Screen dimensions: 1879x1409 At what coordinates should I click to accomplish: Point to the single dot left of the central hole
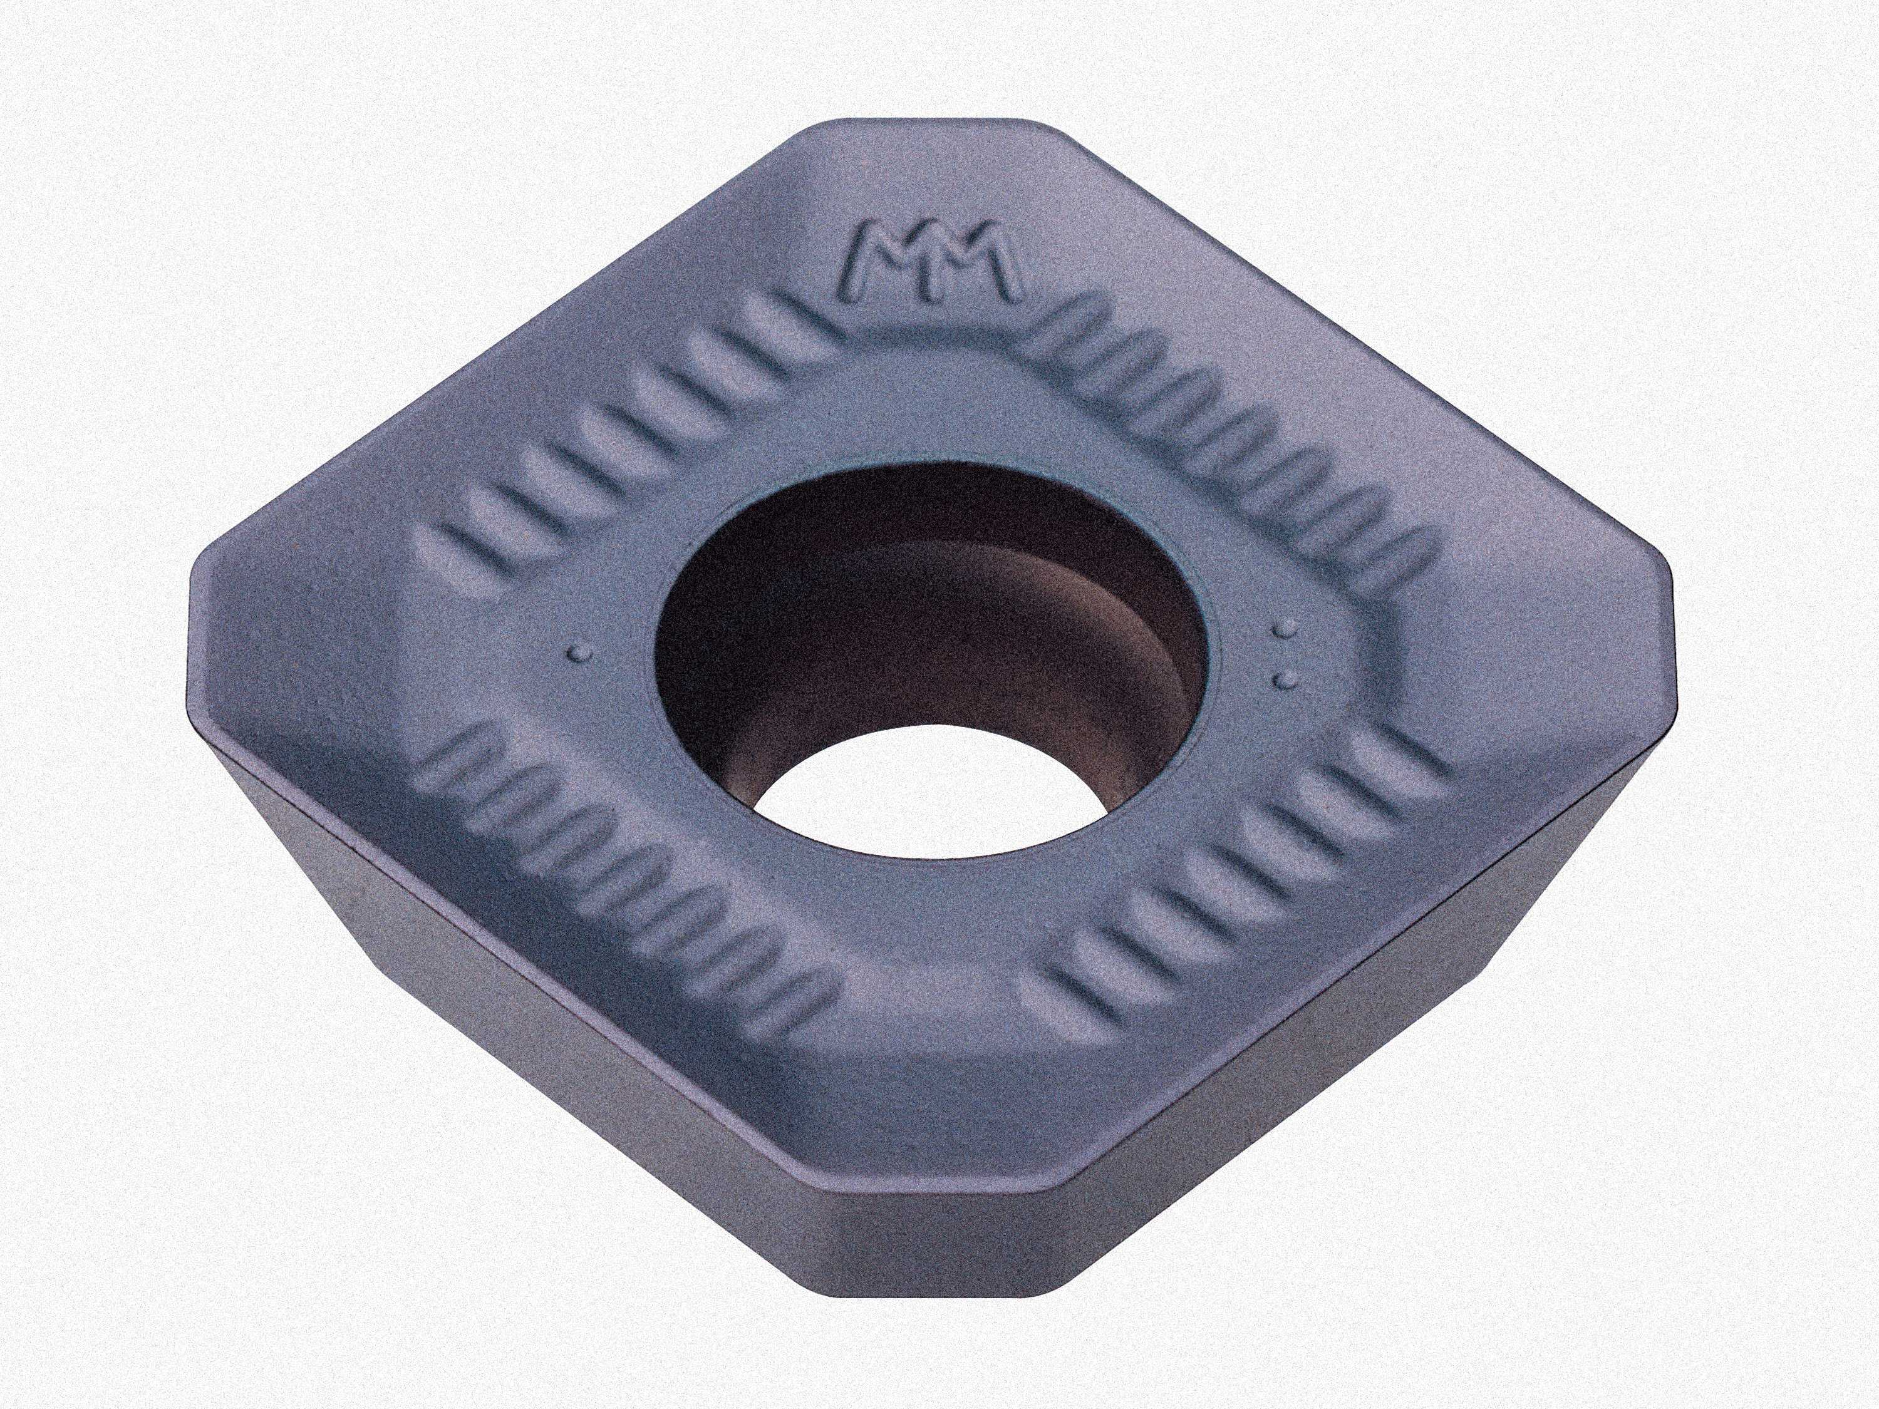[581, 651]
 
